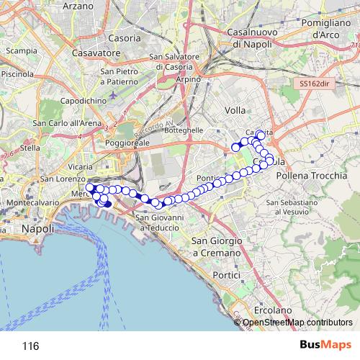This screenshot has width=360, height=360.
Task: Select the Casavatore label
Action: click(96, 53)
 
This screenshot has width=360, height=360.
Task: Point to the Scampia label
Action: click(21, 51)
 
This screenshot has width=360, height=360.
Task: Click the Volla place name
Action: click(235, 110)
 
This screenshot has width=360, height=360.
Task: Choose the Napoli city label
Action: click(37, 228)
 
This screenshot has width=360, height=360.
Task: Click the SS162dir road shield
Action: click(315, 84)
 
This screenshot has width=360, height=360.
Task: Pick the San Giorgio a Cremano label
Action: click(215, 247)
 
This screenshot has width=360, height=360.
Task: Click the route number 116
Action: click(30, 346)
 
